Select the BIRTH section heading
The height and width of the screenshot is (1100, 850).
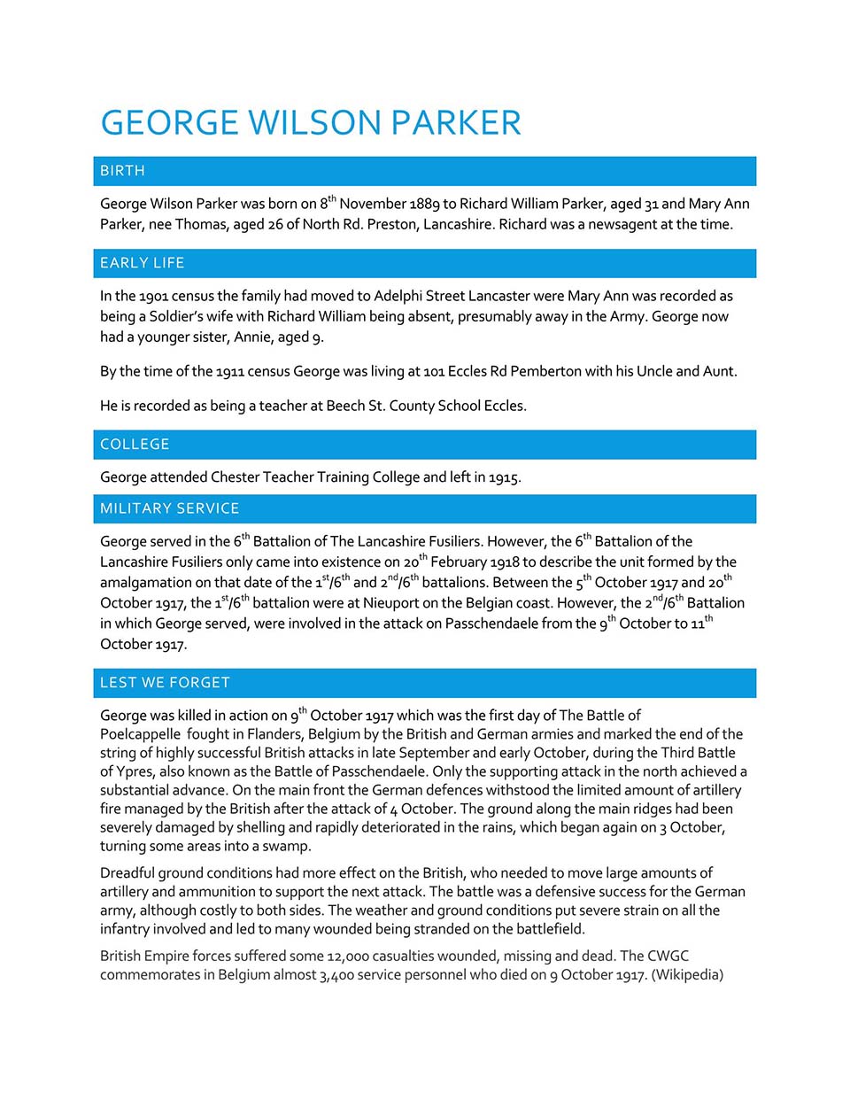(122, 171)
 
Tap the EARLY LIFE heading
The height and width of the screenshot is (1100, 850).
(142, 263)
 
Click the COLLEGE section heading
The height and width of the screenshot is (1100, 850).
(135, 445)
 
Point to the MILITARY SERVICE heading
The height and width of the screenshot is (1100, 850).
(169, 508)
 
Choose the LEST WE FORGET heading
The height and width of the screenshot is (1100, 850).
(165, 683)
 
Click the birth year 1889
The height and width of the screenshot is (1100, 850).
(424, 204)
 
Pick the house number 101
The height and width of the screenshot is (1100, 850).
(434, 371)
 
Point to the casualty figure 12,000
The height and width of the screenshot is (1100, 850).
(348, 957)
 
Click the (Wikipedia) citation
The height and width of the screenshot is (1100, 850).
(687, 975)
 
